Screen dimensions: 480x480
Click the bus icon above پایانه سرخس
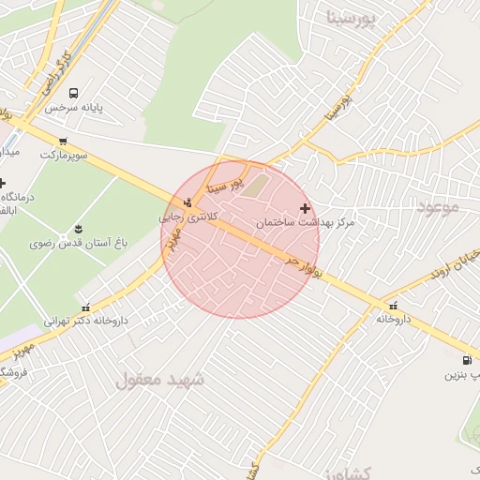(x=74, y=93)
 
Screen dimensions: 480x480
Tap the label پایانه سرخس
(x=97, y=107)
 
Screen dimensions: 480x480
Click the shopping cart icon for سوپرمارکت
(x=63, y=141)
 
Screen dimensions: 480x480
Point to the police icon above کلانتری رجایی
(x=188, y=202)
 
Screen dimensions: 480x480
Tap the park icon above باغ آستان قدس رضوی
(x=78, y=229)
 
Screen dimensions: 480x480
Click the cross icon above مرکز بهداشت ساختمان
(x=304, y=208)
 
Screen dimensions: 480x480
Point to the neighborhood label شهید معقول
(x=160, y=380)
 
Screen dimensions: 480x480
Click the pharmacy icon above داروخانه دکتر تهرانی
(x=87, y=307)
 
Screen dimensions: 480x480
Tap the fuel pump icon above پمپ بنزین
(x=466, y=361)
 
